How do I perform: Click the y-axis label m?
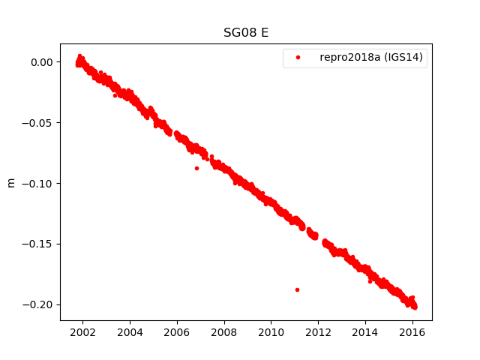point(10,182)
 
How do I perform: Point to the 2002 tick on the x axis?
point(82,331)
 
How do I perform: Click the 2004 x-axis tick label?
point(130,331)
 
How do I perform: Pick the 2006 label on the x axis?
point(177,331)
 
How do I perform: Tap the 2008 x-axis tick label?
point(224,331)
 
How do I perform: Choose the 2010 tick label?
point(271,331)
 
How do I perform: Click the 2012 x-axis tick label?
point(319,331)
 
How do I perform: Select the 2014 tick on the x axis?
point(366,331)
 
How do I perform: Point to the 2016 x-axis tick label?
point(413,331)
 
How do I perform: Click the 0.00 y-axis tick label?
point(42,62)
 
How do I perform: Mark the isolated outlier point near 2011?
point(297,289)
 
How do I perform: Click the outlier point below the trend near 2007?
point(196,168)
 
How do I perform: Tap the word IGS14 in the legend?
point(406,58)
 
